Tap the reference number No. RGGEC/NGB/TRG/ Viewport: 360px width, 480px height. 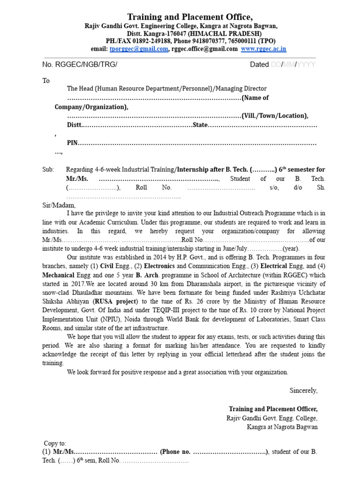pyautogui.click(x=80, y=65)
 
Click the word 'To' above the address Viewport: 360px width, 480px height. pyautogui.click(x=46, y=81)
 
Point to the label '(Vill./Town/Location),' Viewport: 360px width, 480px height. pyautogui.click(x=275, y=116)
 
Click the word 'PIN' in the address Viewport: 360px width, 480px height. pyautogui.click(x=72, y=142)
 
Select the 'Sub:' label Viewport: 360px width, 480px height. pyautogui.click(x=48, y=169)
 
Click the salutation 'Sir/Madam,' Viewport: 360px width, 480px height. pyautogui.click(x=59, y=205)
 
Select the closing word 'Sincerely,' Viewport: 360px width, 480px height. pyautogui.click(x=303, y=390)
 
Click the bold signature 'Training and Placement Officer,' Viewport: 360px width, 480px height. pyautogui.click(x=273, y=409)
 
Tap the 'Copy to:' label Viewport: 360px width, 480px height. pyautogui.click(x=55, y=443)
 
